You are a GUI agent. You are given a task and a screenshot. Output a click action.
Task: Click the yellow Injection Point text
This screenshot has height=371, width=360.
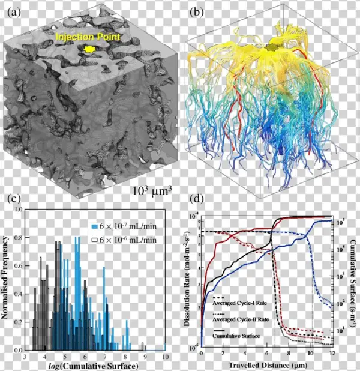[x=88, y=37]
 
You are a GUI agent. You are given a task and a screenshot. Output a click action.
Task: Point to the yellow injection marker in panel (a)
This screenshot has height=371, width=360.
[x=89, y=49]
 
